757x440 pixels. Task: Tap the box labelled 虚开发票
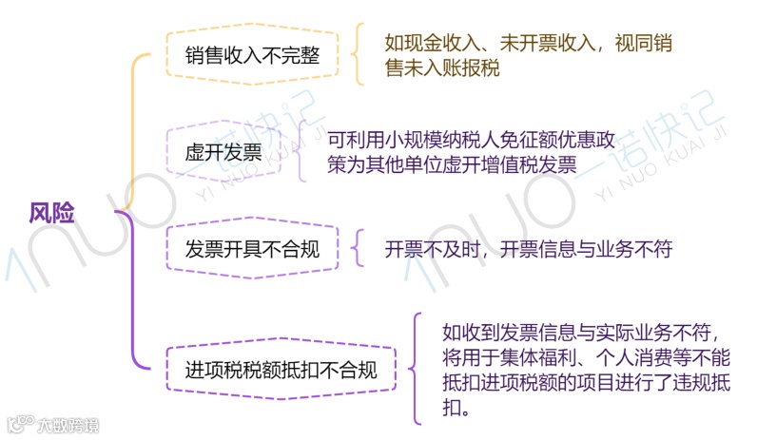pyautogui.click(x=223, y=153)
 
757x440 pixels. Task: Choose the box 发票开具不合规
pyautogui.click(x=251, y=250)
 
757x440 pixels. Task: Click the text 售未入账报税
pyautogui.click(x=441, y=68)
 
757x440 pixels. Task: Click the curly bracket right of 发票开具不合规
pyautogui.click(x=358, y=249)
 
